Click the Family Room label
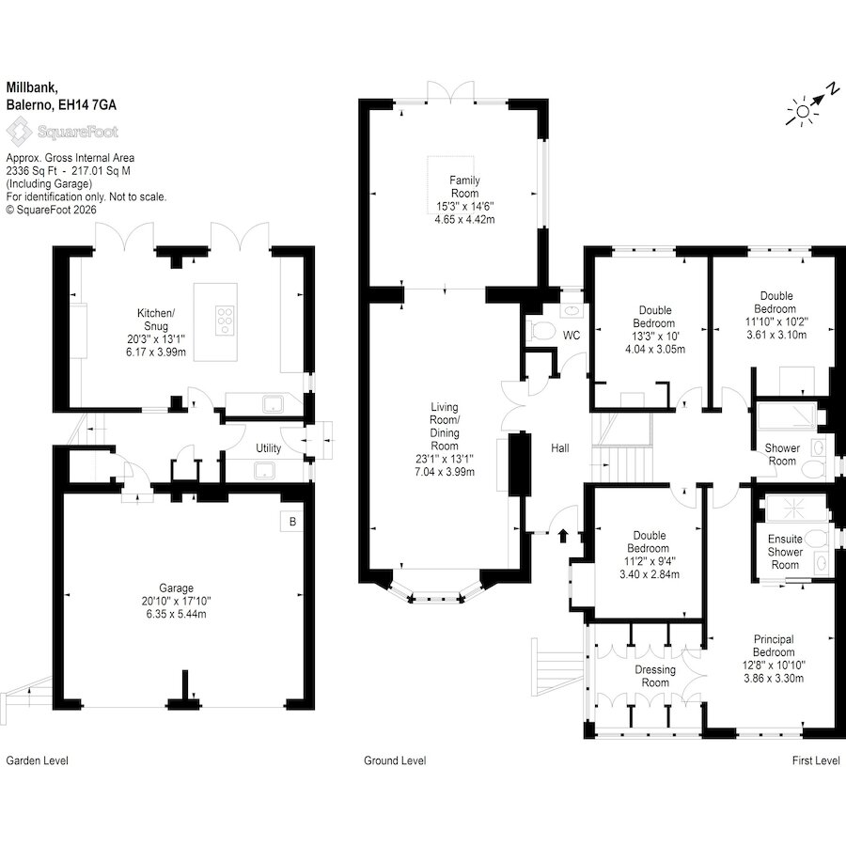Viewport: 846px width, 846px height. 464,187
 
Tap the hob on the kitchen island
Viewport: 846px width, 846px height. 225,321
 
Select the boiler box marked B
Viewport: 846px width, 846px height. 292,522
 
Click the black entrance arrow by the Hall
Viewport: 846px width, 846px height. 563,535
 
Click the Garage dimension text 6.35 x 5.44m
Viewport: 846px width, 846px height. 176,614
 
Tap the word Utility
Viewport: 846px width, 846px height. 268,448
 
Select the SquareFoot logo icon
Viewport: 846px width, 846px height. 18,132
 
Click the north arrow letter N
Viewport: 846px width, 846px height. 834,87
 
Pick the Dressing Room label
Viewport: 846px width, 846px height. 655,676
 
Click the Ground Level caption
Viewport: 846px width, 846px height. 395,760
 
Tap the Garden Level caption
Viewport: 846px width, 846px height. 38,760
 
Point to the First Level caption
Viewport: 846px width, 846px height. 816,760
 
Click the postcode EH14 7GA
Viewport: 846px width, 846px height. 86,104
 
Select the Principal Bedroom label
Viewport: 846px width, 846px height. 774,646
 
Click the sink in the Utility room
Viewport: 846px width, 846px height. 265,471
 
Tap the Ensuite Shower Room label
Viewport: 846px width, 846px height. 785,552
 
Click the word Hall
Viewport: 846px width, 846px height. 560,447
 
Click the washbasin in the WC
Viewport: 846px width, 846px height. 571,311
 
